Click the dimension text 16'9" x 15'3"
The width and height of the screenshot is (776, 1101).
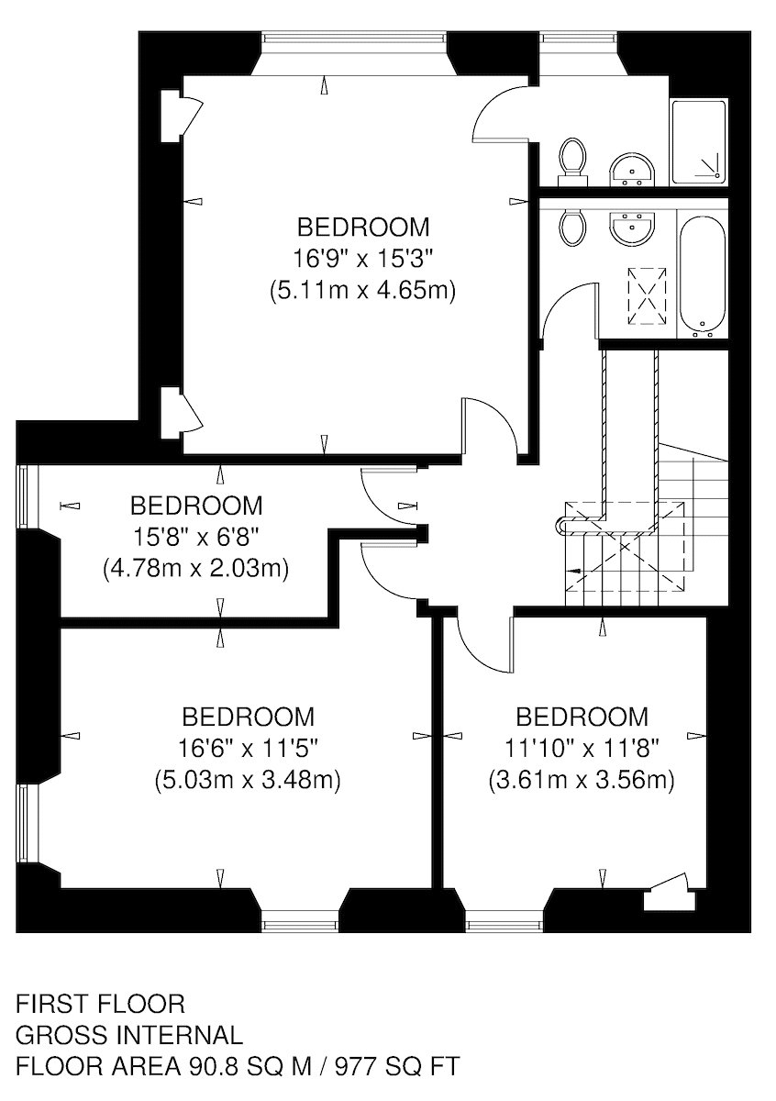[x=362, y=258]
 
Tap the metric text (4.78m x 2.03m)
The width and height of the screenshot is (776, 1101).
[x=195, y=568]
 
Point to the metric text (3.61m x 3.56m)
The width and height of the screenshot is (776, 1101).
[x=582, y=780]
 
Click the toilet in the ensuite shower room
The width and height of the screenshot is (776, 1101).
[x=573, y=162]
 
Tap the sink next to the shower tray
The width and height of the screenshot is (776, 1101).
[x=633, y=170]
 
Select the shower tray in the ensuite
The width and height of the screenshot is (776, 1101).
[x=698, y=142]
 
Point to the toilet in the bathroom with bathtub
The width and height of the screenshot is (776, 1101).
[x=573, y=228]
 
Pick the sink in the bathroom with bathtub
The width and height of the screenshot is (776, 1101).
[x=633, y=228]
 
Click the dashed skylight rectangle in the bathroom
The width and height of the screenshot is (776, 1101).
[x=647, y=296]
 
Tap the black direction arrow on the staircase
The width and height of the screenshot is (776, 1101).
[x=573, y=571]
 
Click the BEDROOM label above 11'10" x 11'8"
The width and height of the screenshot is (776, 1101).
[x=582, y=717]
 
